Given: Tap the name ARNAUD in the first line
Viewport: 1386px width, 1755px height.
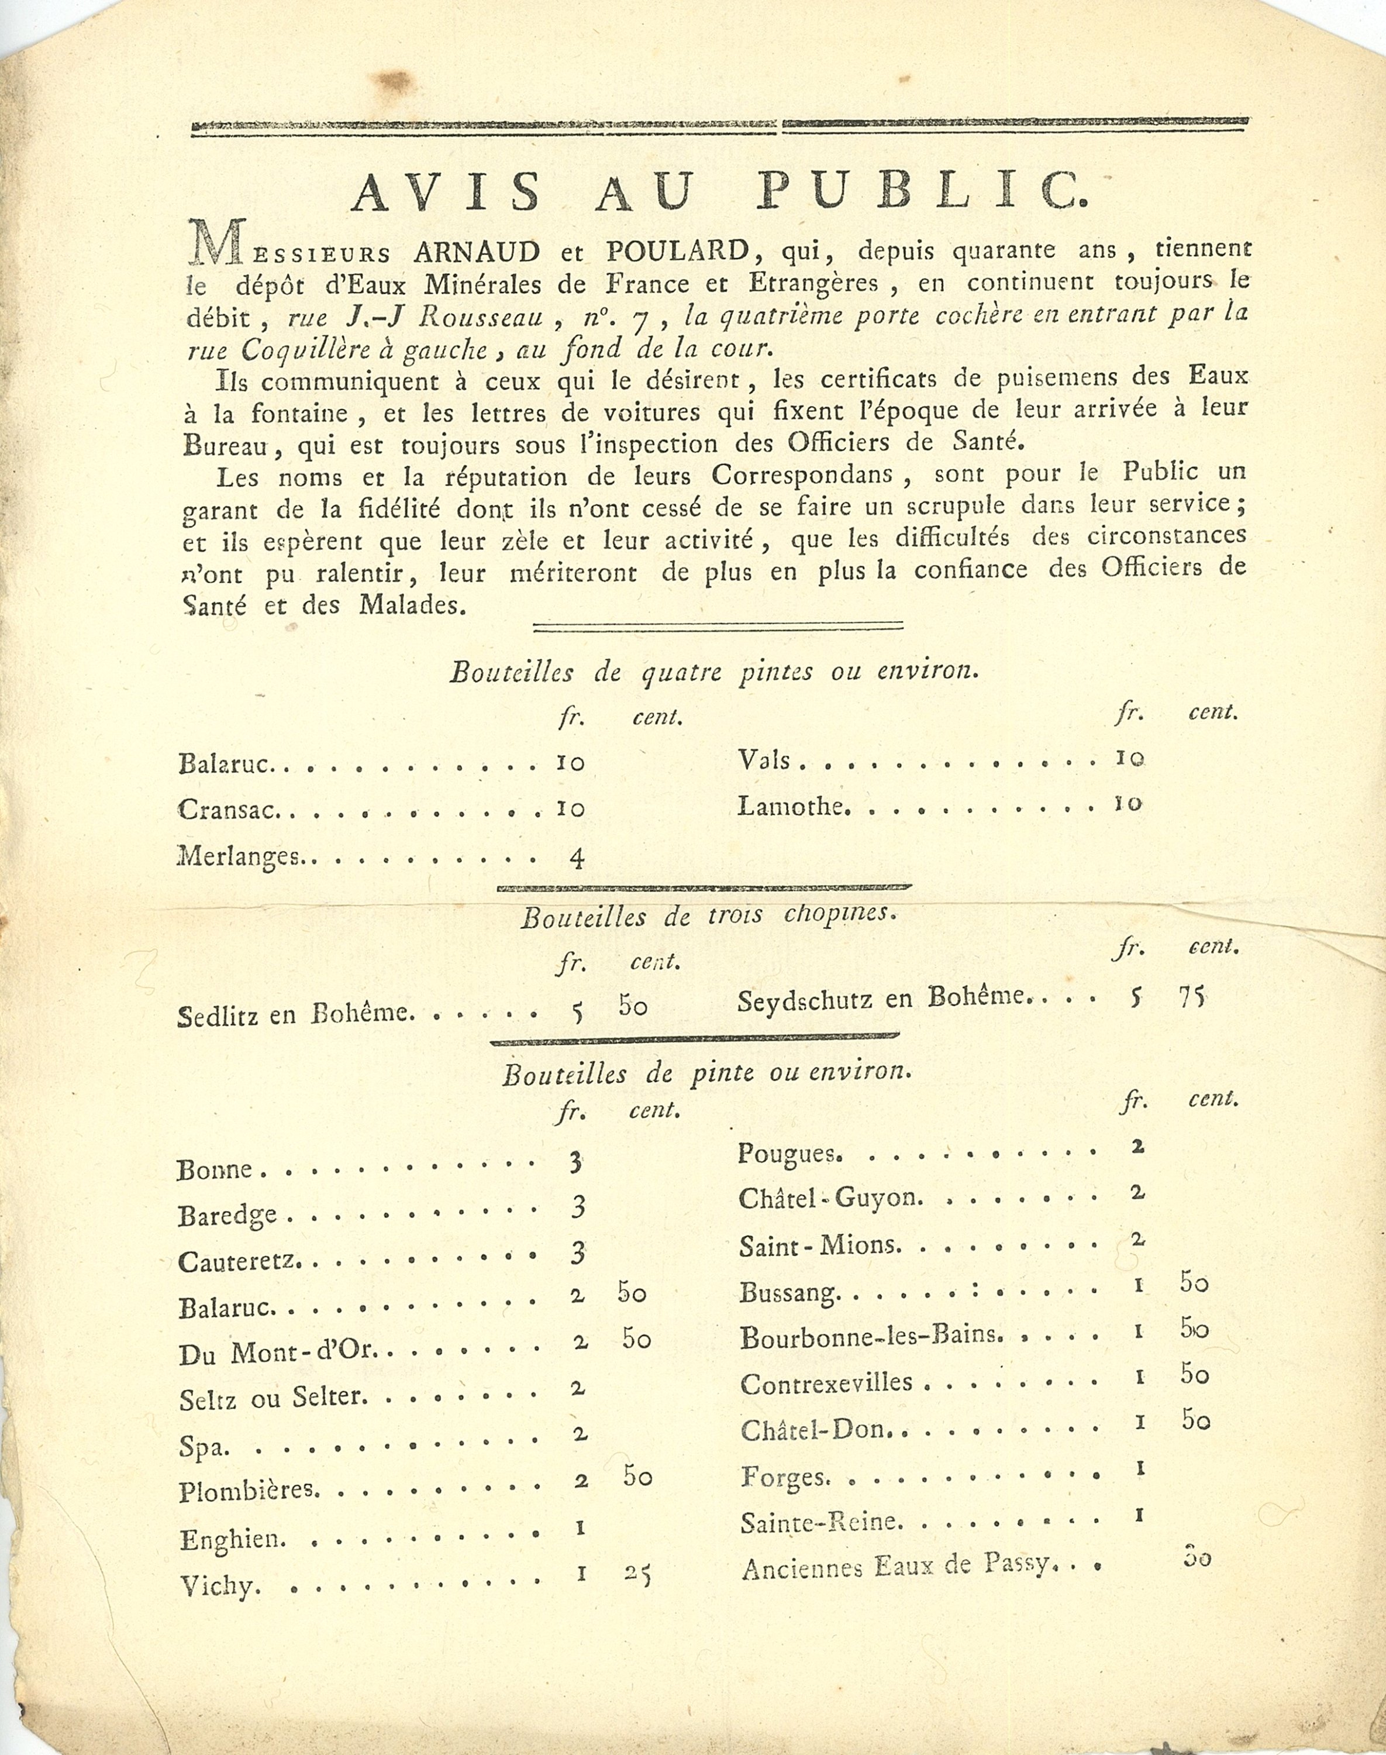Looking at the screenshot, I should tap(477, 253).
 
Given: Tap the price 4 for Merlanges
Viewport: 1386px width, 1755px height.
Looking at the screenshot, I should tap(577, 858).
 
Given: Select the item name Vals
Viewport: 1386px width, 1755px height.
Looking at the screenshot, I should tap(764, 760).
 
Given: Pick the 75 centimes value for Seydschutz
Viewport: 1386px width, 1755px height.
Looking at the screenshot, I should tap(1191, 996).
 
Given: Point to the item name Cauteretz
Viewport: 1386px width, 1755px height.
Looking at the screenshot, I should tap(239, 1261).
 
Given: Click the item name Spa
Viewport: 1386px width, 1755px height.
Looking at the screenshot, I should tap(193, 1447).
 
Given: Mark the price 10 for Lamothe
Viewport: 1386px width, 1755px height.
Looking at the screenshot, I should tap(1129, 804).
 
